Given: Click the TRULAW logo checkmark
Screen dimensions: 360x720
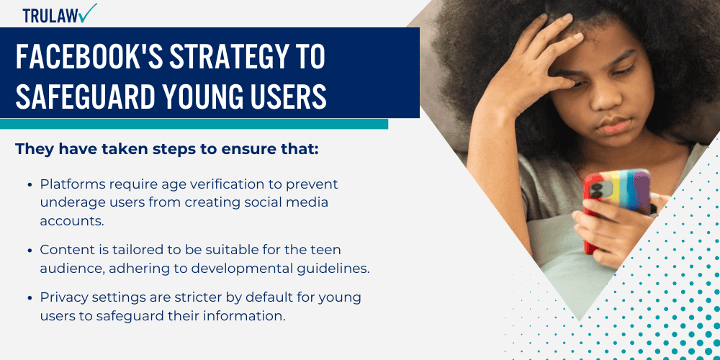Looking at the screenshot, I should pos(89,12).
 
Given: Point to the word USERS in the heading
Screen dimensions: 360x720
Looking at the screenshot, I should pos(285,96).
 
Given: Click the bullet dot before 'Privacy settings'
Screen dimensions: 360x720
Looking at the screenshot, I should pos(29,297).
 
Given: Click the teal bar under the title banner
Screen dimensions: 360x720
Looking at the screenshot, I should pos(194,124).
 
